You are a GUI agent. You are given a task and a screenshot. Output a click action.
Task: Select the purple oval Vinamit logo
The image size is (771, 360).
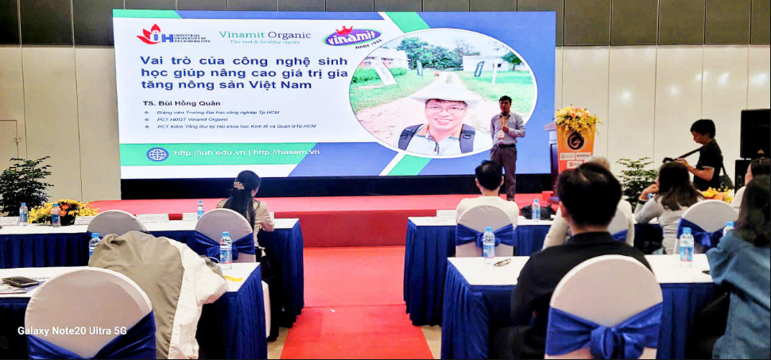point(351,36)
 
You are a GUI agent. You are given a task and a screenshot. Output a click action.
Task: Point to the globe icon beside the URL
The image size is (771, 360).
point(157,153)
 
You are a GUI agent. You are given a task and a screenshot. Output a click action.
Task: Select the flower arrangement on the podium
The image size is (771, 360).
point(576,120)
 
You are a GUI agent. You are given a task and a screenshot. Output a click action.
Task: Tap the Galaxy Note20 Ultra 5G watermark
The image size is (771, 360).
point(72,331)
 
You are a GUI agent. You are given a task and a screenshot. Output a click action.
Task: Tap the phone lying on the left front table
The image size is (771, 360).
point(21,281)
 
